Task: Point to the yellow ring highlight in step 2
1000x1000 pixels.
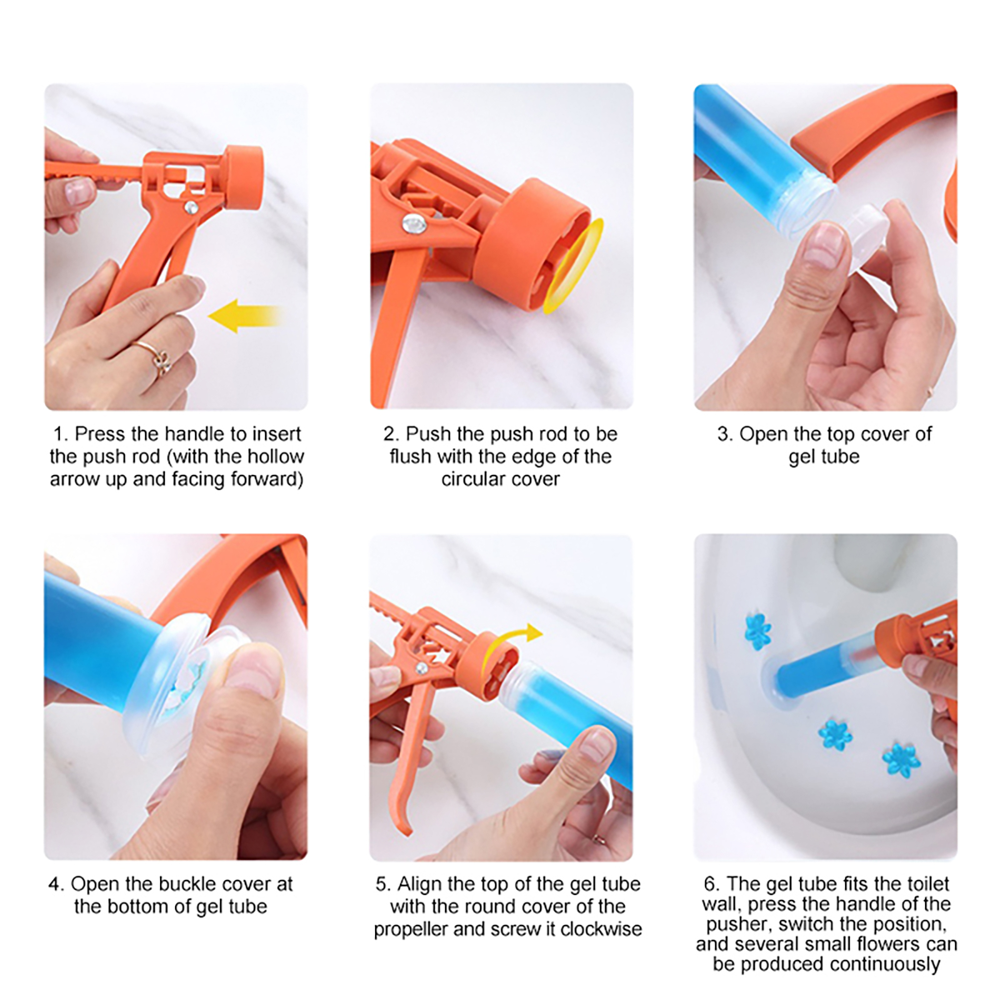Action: pyautogui.click(x=573, y=266)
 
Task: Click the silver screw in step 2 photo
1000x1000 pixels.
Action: pyautogui.click(x=413, y=223)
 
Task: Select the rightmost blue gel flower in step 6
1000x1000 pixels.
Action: pyautogui.click(x=901, y=760)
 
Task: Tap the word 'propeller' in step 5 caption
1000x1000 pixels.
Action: pyautogui.click(x=411, y=930)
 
